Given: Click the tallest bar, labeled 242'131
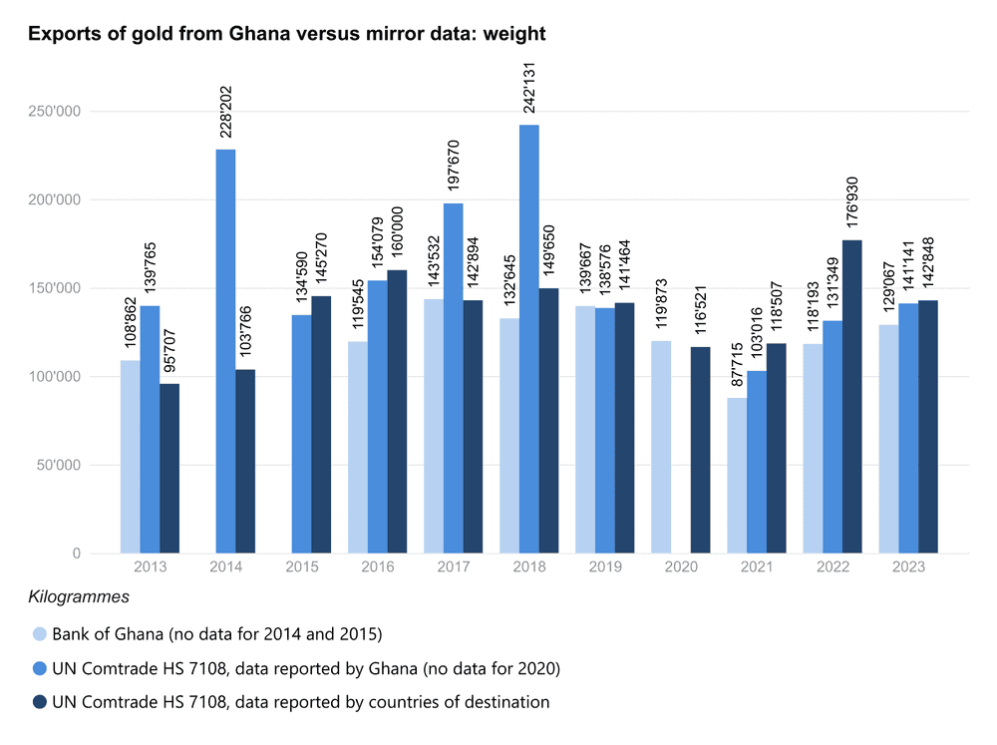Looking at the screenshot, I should tap(528, 339).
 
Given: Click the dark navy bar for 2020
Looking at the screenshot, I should tap(700, 450).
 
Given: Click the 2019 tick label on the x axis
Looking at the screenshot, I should tap(605, 566).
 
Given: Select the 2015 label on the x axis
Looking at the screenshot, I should tap(302, 566).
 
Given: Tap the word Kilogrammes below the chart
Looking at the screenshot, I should tap(77, 597).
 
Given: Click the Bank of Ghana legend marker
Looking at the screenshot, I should tap(39, 634).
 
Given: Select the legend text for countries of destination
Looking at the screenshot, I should tap(300, 702).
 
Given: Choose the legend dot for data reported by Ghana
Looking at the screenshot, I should tap(39, 668).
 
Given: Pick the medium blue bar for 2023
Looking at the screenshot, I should tap(908, 428).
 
